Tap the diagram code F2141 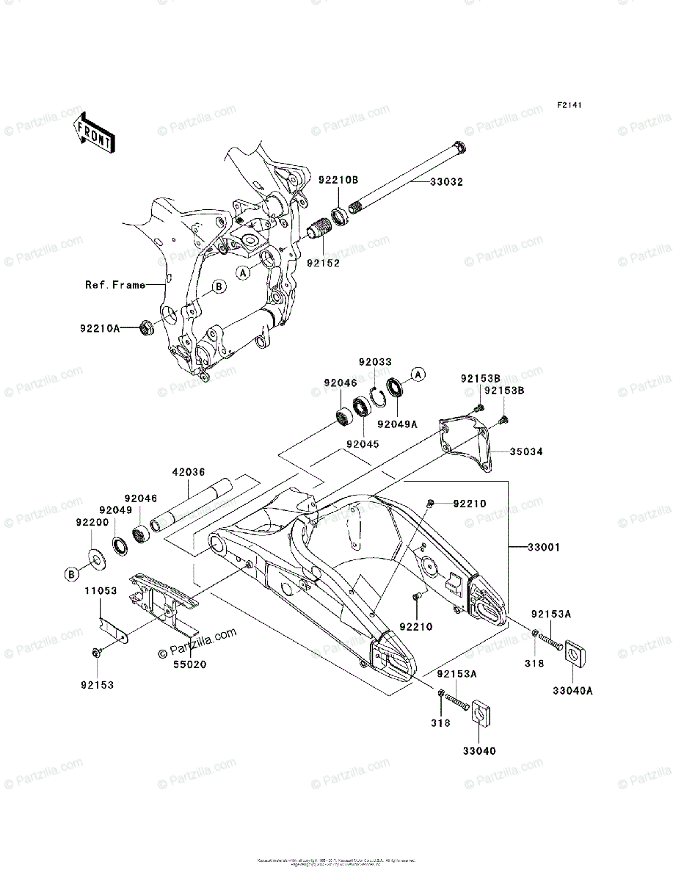(x=569, y=106)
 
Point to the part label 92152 (x=323, y=261)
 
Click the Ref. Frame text (x=115, y=285)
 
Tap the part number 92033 (x=375, y=361)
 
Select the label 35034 (x=527, y=452)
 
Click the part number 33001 (x=543, y=547)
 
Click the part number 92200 (x=92, y=522)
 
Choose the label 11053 (x=100, y=590)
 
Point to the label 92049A (x=397, y=423)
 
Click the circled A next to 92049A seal (x=418, y=375)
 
